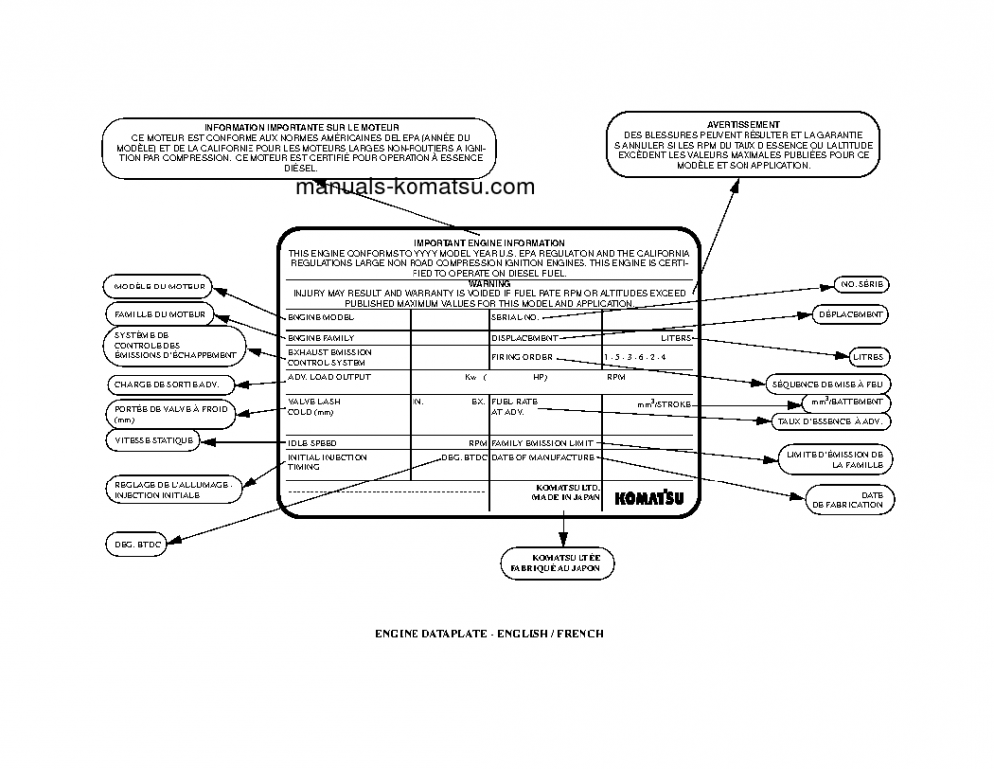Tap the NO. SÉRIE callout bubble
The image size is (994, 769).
click(862, 286)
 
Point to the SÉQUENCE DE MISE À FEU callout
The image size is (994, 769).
click(832, 383)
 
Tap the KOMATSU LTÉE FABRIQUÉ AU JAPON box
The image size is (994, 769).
click(558, 562)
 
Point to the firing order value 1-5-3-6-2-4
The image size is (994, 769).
click(635, 357)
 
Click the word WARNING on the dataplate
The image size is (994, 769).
click(488, 284)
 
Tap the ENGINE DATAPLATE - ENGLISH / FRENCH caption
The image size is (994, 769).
click(489, 633)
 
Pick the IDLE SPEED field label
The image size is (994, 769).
click(312, 442)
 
